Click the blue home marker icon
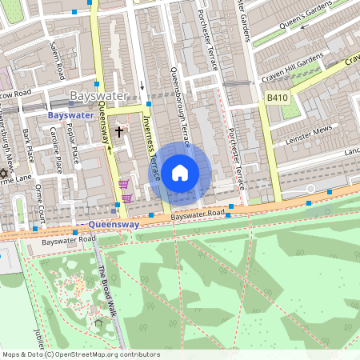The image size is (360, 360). click(180, 172)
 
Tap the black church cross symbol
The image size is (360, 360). click(120, 131)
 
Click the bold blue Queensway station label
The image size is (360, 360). click(114, 225)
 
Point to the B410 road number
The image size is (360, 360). click(277, 98)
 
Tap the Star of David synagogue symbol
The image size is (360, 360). click(3, 174)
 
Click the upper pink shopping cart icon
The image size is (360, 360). click(124, 184)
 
